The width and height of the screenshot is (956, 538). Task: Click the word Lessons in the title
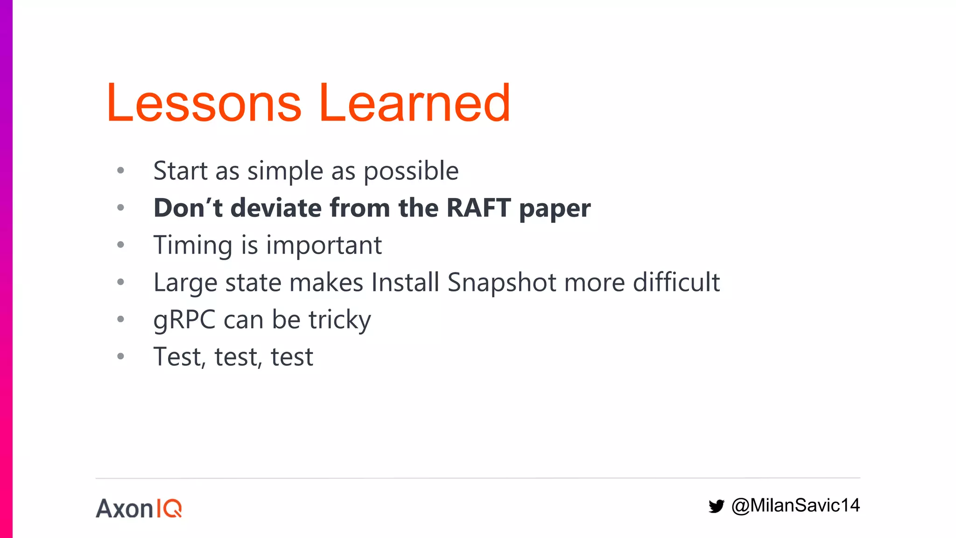click(x=204, y=103)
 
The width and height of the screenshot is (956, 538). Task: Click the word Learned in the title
click(x=414, y=103)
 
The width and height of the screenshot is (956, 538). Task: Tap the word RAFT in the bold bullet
click(x=478, y=208)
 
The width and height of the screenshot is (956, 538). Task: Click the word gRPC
click(x=184, y=320)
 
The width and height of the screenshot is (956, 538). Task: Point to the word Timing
click(x=193, y=246)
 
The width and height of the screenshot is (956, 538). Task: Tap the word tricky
click(x=339, y=320)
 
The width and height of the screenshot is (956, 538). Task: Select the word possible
click(x=411, y=171)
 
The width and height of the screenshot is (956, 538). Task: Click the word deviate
click(x=276, y=208)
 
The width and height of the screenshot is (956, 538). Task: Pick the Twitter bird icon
click(x=716, y=506)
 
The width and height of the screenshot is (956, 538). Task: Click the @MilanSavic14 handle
click(x=795, y=505)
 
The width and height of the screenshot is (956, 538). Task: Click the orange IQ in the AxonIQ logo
click(x=169, y=508)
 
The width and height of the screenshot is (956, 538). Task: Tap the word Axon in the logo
click(x=125, y=508)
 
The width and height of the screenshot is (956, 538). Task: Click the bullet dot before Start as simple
click(x=120, y=170)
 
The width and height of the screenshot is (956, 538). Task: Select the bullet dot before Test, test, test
click(x=120, y=356)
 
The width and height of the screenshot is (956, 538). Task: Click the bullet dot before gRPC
click(x=120, y=319)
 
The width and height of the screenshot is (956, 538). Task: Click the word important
click(x=324, y=246)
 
